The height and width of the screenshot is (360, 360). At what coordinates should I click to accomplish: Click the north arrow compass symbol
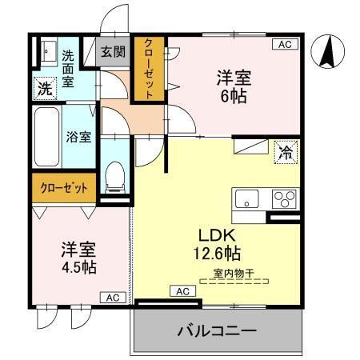point(326,52)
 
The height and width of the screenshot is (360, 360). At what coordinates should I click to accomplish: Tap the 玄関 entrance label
point(113,53)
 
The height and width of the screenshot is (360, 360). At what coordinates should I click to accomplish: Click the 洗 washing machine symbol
point(45,88)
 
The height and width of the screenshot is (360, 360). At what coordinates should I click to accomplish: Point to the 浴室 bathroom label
point(78,136)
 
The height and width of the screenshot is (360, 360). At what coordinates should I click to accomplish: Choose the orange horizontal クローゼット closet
point(64,188)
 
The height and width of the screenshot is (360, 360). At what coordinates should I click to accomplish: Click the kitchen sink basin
point(246,198)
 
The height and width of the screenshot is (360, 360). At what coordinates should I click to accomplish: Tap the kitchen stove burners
point(282,198)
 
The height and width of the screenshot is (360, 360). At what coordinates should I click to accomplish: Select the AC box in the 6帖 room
point(284,45)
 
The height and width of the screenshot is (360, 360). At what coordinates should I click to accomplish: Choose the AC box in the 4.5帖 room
point(112,298)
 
